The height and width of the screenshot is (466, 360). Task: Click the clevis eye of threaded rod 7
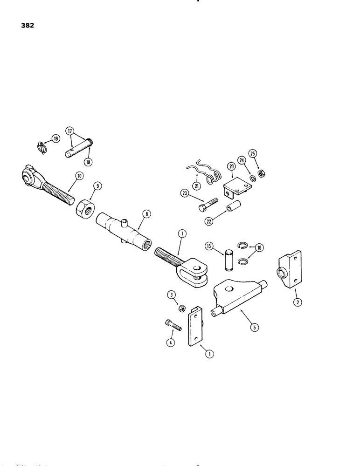click(199, 271)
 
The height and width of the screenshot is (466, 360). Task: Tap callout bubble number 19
click(55, 139)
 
